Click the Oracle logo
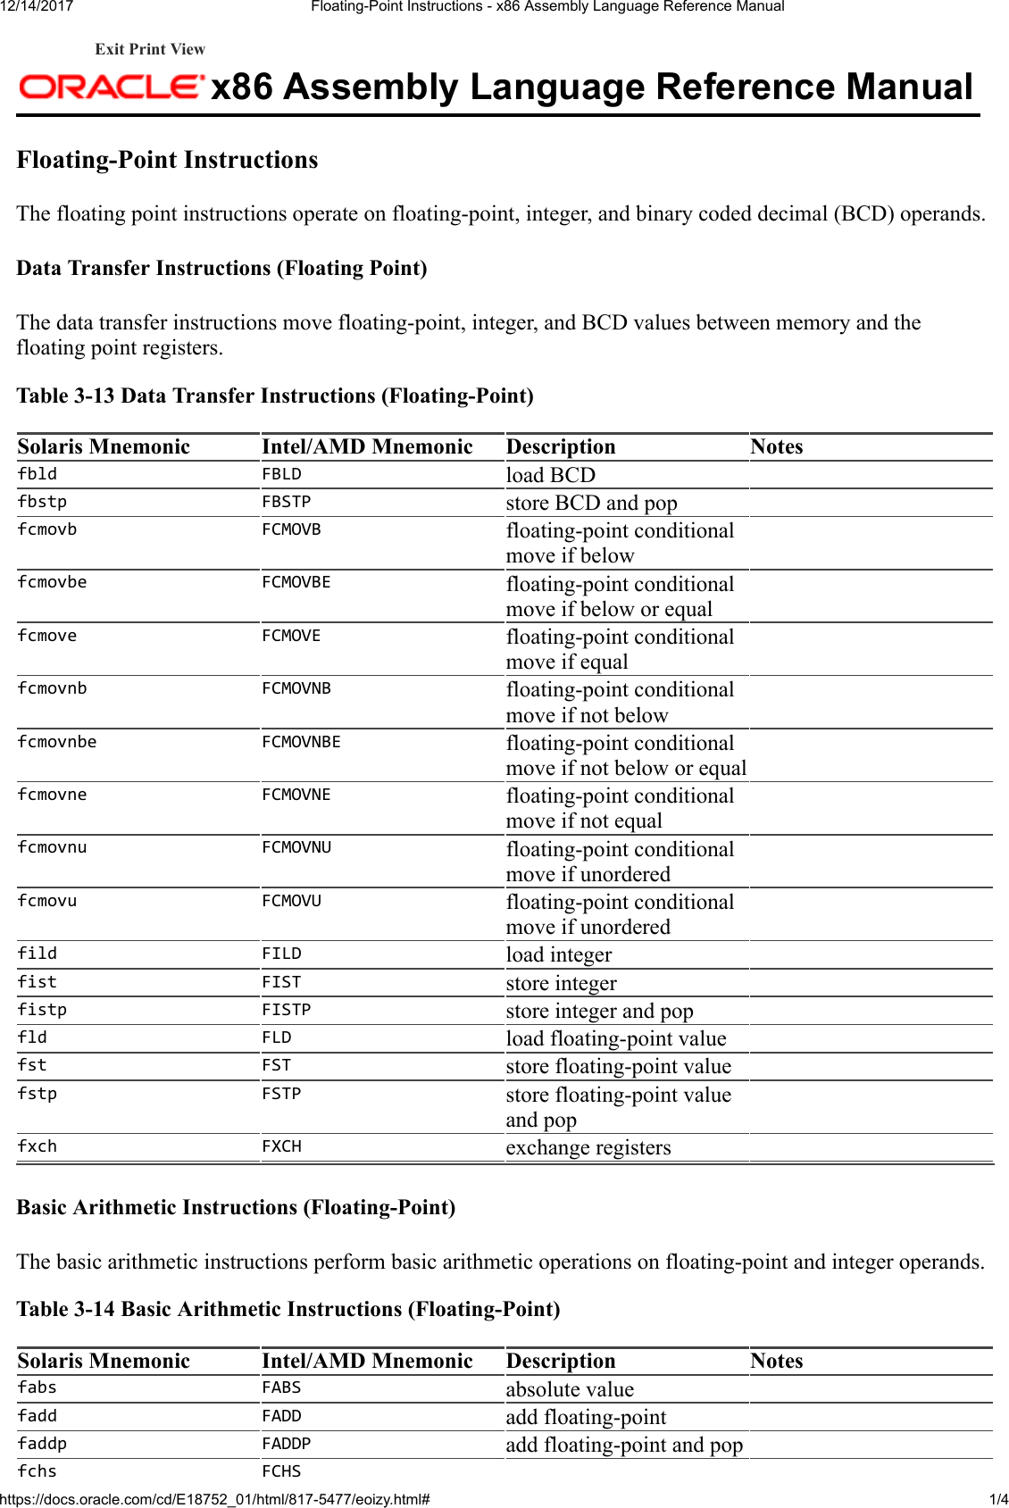pyautogui.click(x=111, y=87)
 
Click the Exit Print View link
pyautogui.click(x=150, y=49)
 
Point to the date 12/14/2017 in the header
pyautogui.click(x=37, y=6)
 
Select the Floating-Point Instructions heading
pyautogui.click(x=167, y=160)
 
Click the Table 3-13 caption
pyautogui.click(x=275, y=396)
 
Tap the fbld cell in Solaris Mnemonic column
pyautogui.click(x=38, y=474)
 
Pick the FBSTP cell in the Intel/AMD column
pyautogui.click(x=286, y=502)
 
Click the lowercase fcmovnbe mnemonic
pyautogui.click(x=57, y=742)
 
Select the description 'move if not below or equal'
pyautogui.click(x=626, y=768)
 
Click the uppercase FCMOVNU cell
pyautogui.click(x=296, y=847)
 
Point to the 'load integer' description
pyautogui.click(x=559, y=954)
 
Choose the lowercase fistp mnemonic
pyautogui.click(x=42, y=1010)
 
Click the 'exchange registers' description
pyautogui.click(x=588, y=1147)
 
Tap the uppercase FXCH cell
pyautogui.click(x=281, y=1146)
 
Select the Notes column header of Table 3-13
pyautogui.click(x=776, y=446)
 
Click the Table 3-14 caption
pyautogui.click(x=288, y=1309)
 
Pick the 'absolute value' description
pyautogui.click(x=570, y=1389)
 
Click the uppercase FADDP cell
pyautogui.click(x=286, y=1444)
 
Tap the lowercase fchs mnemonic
pyautogui.click(x=38, y=1471)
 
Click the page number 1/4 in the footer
pyautogui.click(x=997, y=1499)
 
